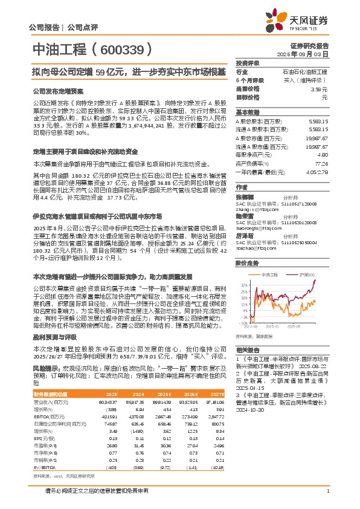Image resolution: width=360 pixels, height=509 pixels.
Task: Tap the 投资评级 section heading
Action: [x=248, y=63]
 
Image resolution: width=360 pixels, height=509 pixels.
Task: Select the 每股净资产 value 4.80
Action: [x=323, y=155]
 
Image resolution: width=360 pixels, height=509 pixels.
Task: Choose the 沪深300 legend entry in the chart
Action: [x=307, y=274]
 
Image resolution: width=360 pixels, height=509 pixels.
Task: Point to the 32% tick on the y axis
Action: [x=244, y=284]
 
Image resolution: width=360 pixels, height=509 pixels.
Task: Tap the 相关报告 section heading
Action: [x=248, y=350]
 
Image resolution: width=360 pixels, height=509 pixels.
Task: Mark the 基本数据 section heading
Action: [x=248, y=112]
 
